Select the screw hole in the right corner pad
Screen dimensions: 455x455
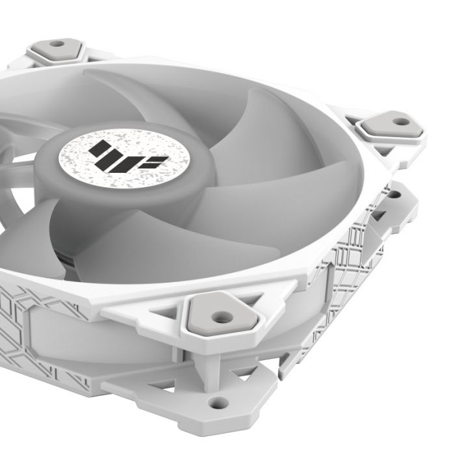click(x=401, y=121)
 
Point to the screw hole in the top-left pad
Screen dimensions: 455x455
click(x=57, y=45)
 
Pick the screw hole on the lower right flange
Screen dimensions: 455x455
click(x=393, y=194)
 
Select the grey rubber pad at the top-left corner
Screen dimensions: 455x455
click(x=57, y=49)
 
